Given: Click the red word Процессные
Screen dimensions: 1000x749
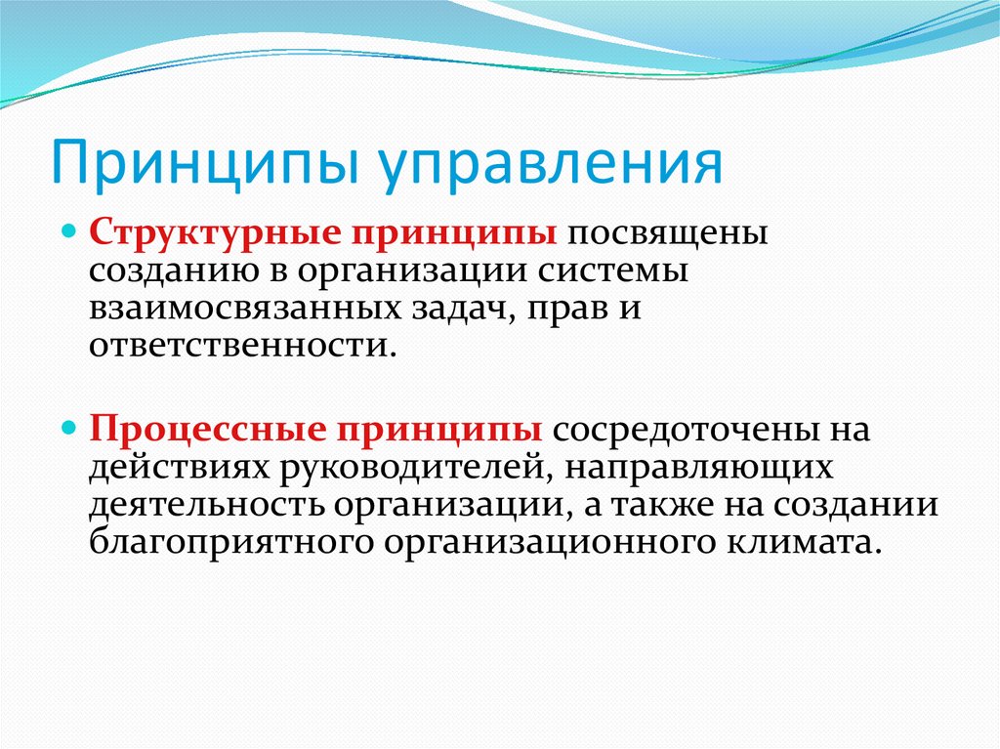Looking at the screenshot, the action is (x=207, y=430).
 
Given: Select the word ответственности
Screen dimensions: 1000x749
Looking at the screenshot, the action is (x=239, y=346).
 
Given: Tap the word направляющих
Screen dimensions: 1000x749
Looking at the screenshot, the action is (x=698, y=469).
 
